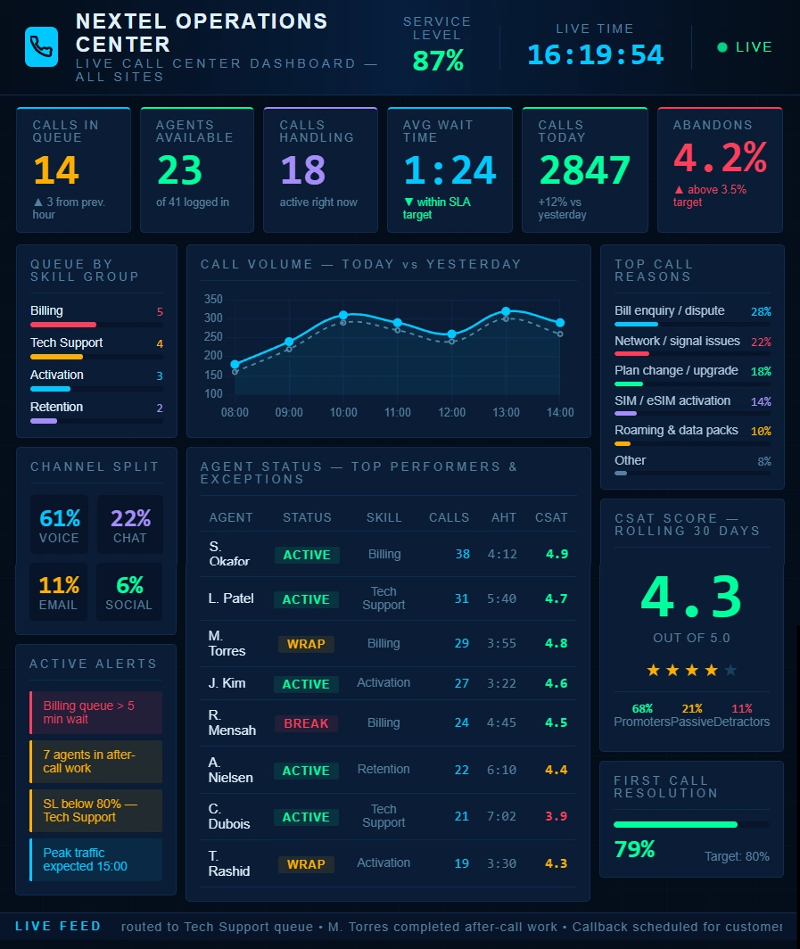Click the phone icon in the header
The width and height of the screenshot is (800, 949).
pyautogui.click(x=41, y=46)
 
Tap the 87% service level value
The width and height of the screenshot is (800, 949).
pyautogui.click(x=437, y=61)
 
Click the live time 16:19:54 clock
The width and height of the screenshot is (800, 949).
pyautogui.click(x=595, y=54)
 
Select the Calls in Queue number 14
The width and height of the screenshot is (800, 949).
pyautogui.click(x=56, y=170)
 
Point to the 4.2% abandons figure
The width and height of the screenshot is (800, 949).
pyautogui.click(x=719, y=159)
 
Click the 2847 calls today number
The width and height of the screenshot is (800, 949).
pyautogui.click(x=584, y=170)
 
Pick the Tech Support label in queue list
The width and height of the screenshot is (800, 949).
pyautogui.click(x=66, y=342)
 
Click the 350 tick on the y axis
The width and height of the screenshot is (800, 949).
pyautogui.click(x=212, y=299)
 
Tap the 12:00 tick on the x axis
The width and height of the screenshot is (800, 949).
pyautogui.click(x=452, y=413)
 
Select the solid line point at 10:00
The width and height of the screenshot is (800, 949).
pyautogui.click(x=343, y=315)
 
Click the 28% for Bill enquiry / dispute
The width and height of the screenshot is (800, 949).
pyautogui.click(x=761, y=312)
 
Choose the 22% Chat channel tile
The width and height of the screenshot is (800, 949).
pyautogui.click(x=130, y=525)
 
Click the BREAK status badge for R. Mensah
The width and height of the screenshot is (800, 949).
pyautogui.click(x=306, y=723)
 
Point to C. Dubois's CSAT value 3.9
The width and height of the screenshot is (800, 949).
pyautogui.click(x=556, y=816)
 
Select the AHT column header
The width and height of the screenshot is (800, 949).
pyautogui.click(x=504, y=517)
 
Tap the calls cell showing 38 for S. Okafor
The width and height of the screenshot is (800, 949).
pyautogui.click(x=462, y=554)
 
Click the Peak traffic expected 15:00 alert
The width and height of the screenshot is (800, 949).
pyautogui.click(x=95, y=860)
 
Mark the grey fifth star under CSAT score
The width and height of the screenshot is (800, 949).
pyautogui.click(x=730, y=670)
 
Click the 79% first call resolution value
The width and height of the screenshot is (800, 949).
pyautogui.click(x=635, y=849)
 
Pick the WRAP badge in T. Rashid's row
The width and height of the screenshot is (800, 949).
pyautogui.click(x=306, y=863)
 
